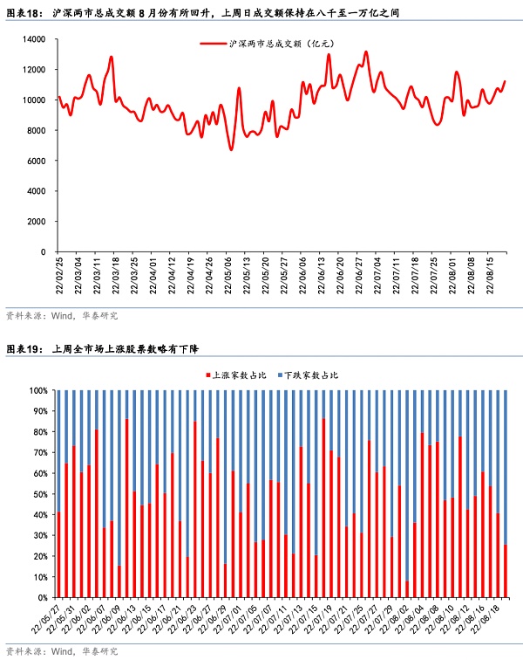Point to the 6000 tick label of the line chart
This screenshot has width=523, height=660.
tap(35, 161)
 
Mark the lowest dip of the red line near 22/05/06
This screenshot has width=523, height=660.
tap(231, 149)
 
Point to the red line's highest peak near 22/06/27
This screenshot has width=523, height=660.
tap(365, 52)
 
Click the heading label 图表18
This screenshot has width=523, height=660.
tap(24, 14)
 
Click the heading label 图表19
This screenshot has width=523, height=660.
tap(24, 350)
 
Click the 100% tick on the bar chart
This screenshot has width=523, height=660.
tap(39, 390)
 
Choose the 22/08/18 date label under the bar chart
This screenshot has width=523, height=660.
tap(494, 621)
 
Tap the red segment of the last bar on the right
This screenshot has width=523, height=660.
tap(506, 571)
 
